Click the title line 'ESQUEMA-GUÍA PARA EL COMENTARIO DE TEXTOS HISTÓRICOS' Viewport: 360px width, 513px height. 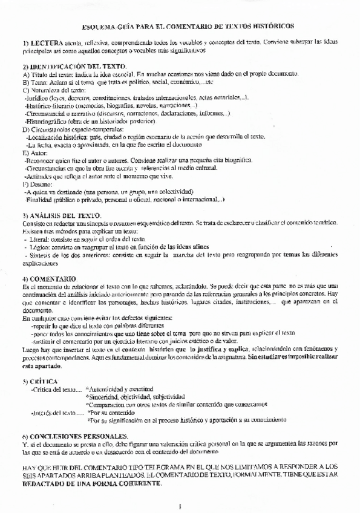[188, 27]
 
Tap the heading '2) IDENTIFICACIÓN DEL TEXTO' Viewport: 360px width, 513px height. [74, 66]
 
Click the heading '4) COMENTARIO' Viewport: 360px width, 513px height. [50, 278]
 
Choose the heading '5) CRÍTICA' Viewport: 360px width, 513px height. [40, 382]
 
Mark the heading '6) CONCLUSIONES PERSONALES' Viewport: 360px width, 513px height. [74, 436]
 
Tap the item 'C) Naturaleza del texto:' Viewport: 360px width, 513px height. [54, 90]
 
